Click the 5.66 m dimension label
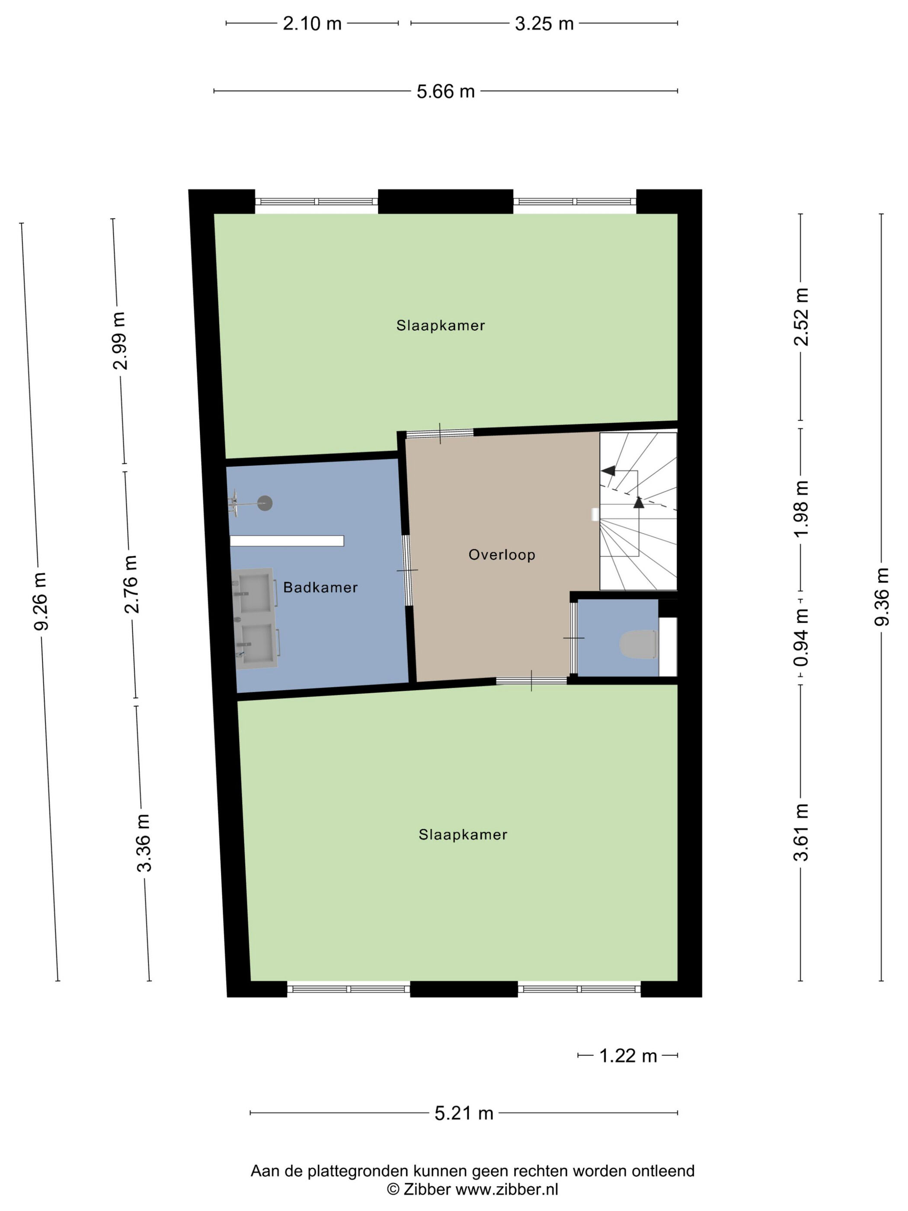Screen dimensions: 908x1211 click(445, 91)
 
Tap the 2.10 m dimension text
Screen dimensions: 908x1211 click(312, 23)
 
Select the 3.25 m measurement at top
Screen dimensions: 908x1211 click(544, 23)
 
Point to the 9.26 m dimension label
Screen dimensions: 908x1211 click(41, 601)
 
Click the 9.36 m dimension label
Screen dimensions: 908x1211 click(881, 597)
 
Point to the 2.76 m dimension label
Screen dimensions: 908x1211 click(131, 584)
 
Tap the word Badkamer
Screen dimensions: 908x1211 click(320, 587)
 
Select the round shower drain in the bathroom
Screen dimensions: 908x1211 click(265, 503)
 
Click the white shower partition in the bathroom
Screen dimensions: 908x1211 click(287, 541)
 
